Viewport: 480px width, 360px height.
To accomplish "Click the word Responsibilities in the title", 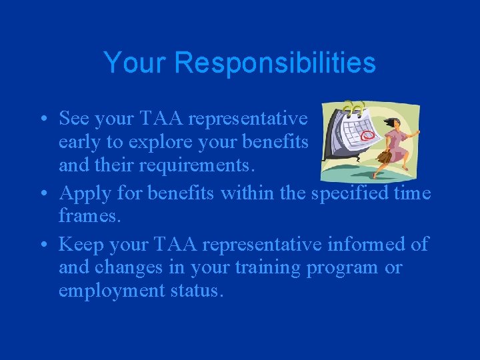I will (275, 63).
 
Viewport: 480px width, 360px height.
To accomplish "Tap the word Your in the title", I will (136, 63).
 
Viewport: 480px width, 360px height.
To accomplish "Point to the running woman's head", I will (393, 123).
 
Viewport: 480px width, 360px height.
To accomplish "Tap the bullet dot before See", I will (42, 120).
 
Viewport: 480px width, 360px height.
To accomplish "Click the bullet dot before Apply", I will (42, 193).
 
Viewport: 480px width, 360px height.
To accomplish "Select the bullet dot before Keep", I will (42, 245).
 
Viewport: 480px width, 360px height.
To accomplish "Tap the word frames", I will (85, 217).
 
